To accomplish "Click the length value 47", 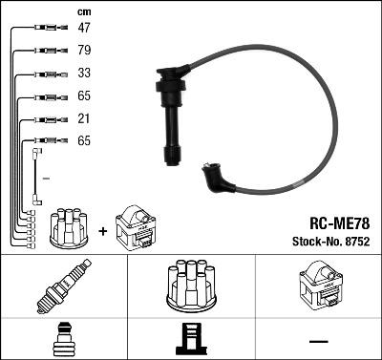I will [85, 29].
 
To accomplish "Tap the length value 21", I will [85, 119].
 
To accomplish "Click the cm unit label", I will [83, 11].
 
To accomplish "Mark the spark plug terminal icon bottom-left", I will [63, 340].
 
